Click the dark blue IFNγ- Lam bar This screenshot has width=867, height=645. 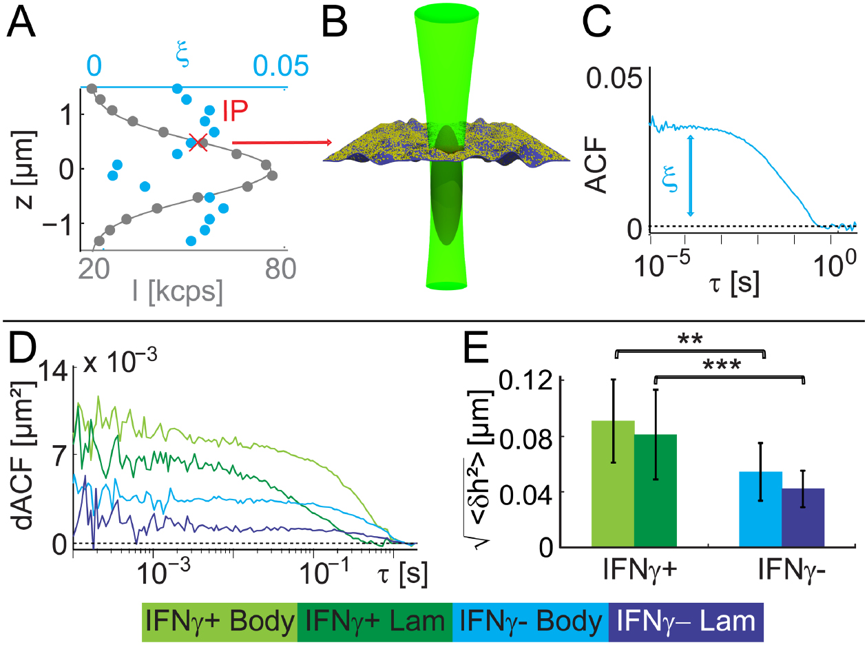click(803, 518)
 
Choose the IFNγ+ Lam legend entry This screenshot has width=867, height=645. click(375, 622)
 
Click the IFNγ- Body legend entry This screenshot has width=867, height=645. click(530, 622)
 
